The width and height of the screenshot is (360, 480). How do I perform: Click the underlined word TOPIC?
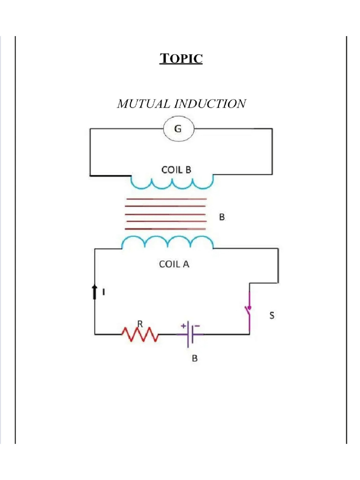point(181,59)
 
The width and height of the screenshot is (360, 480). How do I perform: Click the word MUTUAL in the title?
point(143,104)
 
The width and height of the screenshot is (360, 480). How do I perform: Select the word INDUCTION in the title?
point(210,104)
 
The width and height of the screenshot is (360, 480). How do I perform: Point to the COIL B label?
point(176,170)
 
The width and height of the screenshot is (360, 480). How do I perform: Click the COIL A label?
point(174,264)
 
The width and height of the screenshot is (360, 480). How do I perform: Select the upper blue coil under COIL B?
point(172,183)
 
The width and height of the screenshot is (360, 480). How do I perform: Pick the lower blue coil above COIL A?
point(167,242)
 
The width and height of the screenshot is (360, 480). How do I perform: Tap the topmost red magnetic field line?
point(166,199)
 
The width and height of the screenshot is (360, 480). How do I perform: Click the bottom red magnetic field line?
point(165,229)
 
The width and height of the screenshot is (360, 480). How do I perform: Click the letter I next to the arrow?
point(104,292)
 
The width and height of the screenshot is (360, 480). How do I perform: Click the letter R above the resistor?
point(140,323)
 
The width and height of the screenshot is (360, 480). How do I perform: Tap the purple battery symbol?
point(190,334)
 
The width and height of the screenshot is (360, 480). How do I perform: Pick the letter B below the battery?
point(195,359)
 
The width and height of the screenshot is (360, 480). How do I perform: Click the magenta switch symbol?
point(249,309)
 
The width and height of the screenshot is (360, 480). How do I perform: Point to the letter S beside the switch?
point(271,315)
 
